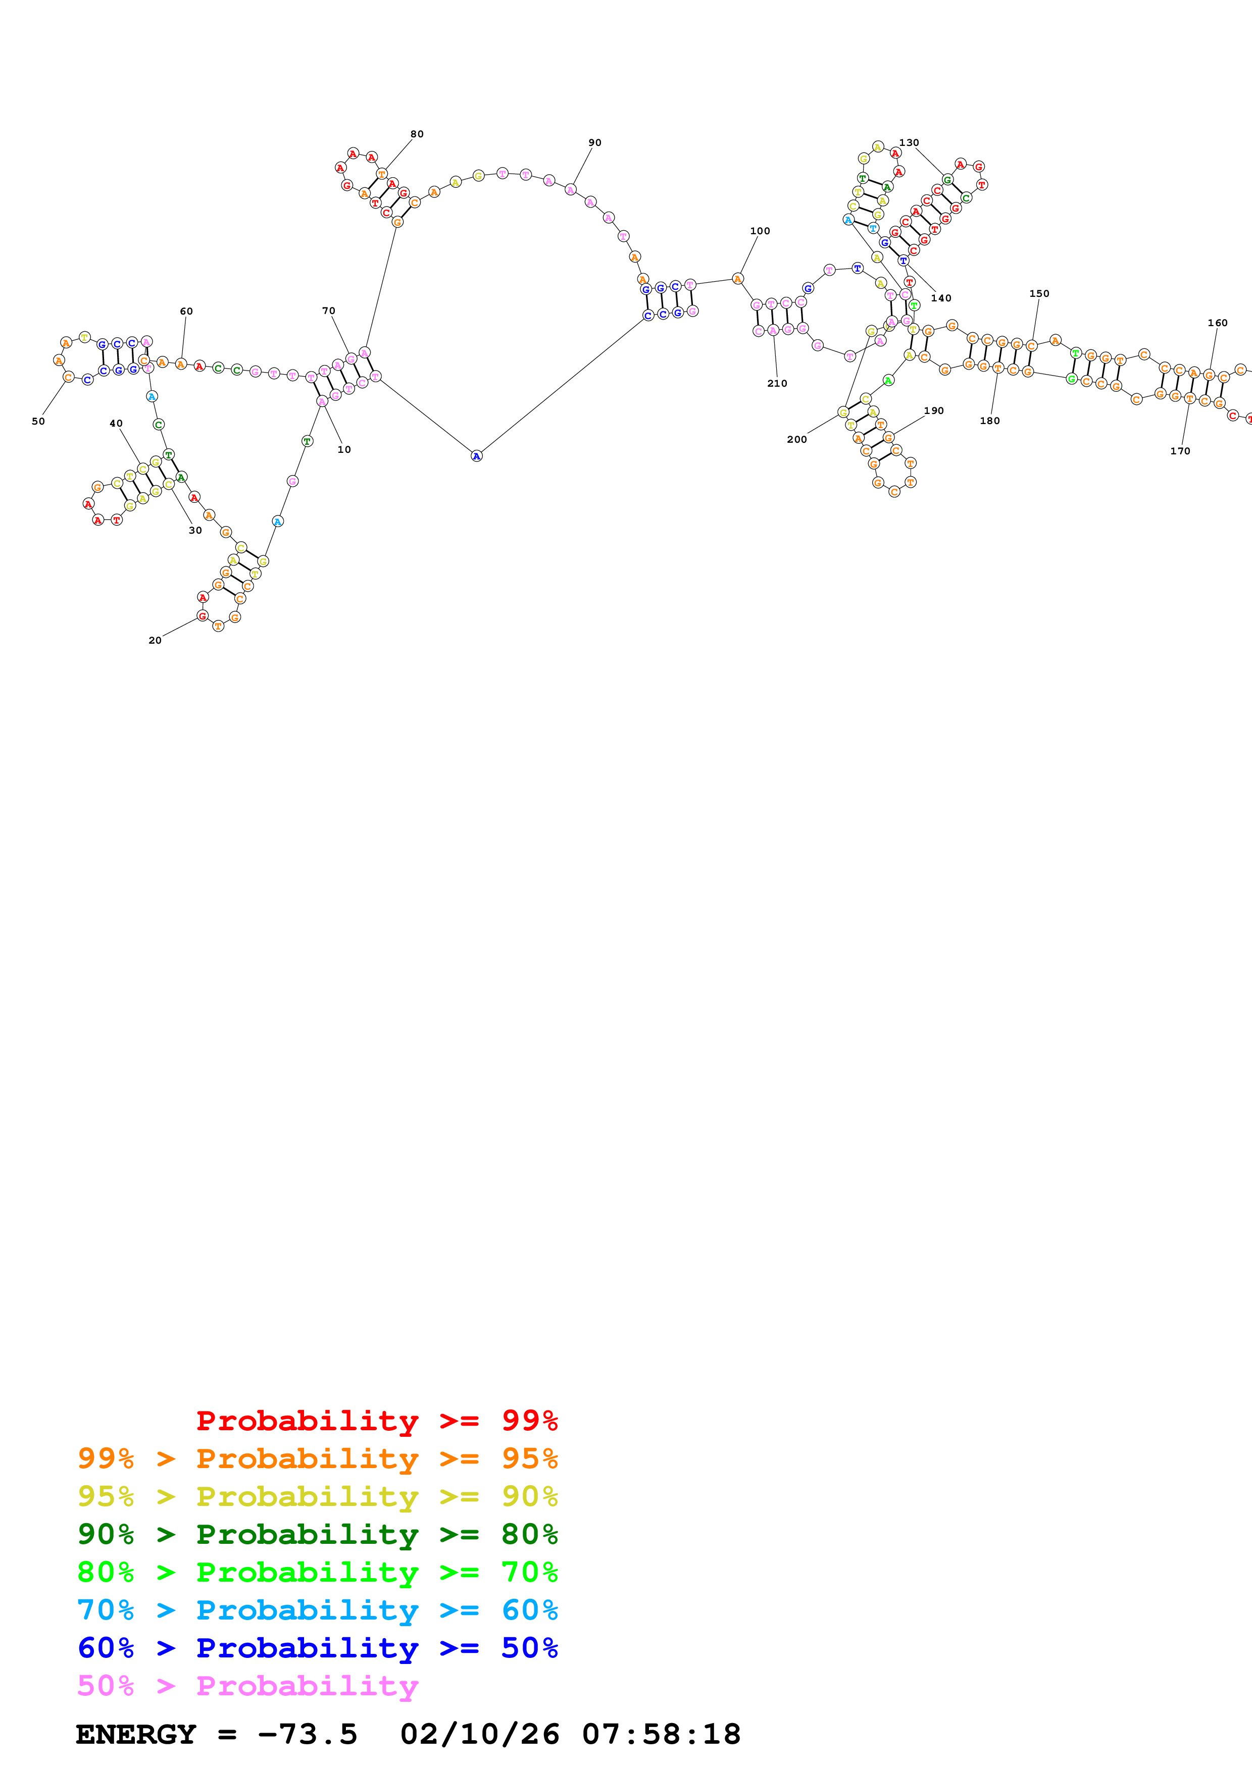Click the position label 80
pyautogui.click(x=417, y=134)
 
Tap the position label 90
pyautogui.click(x=595, y=143)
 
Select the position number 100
pyautogui.click(x=760, y=231)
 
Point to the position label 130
pyautogui.click(x=909, y=143)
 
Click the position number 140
pyautogui.click(x=941, y=298)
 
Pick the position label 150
pyautogui.click(x=1039, y=294)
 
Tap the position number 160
pyautogui.click(x=1217, y=323)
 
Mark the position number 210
pyautogui.click(x=777, y=383)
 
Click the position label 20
pyautogui.click(x=155, y=640)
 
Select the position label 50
pyautogui.click(x=38, y=421)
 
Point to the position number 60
pyautogui.click(x=186, y=311)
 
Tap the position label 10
pyautogui.click(x=344, y=450)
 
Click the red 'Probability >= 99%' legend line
pyautogui.click(x=376, y=1420)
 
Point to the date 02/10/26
pyautogui.click(x=479, y=1734)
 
